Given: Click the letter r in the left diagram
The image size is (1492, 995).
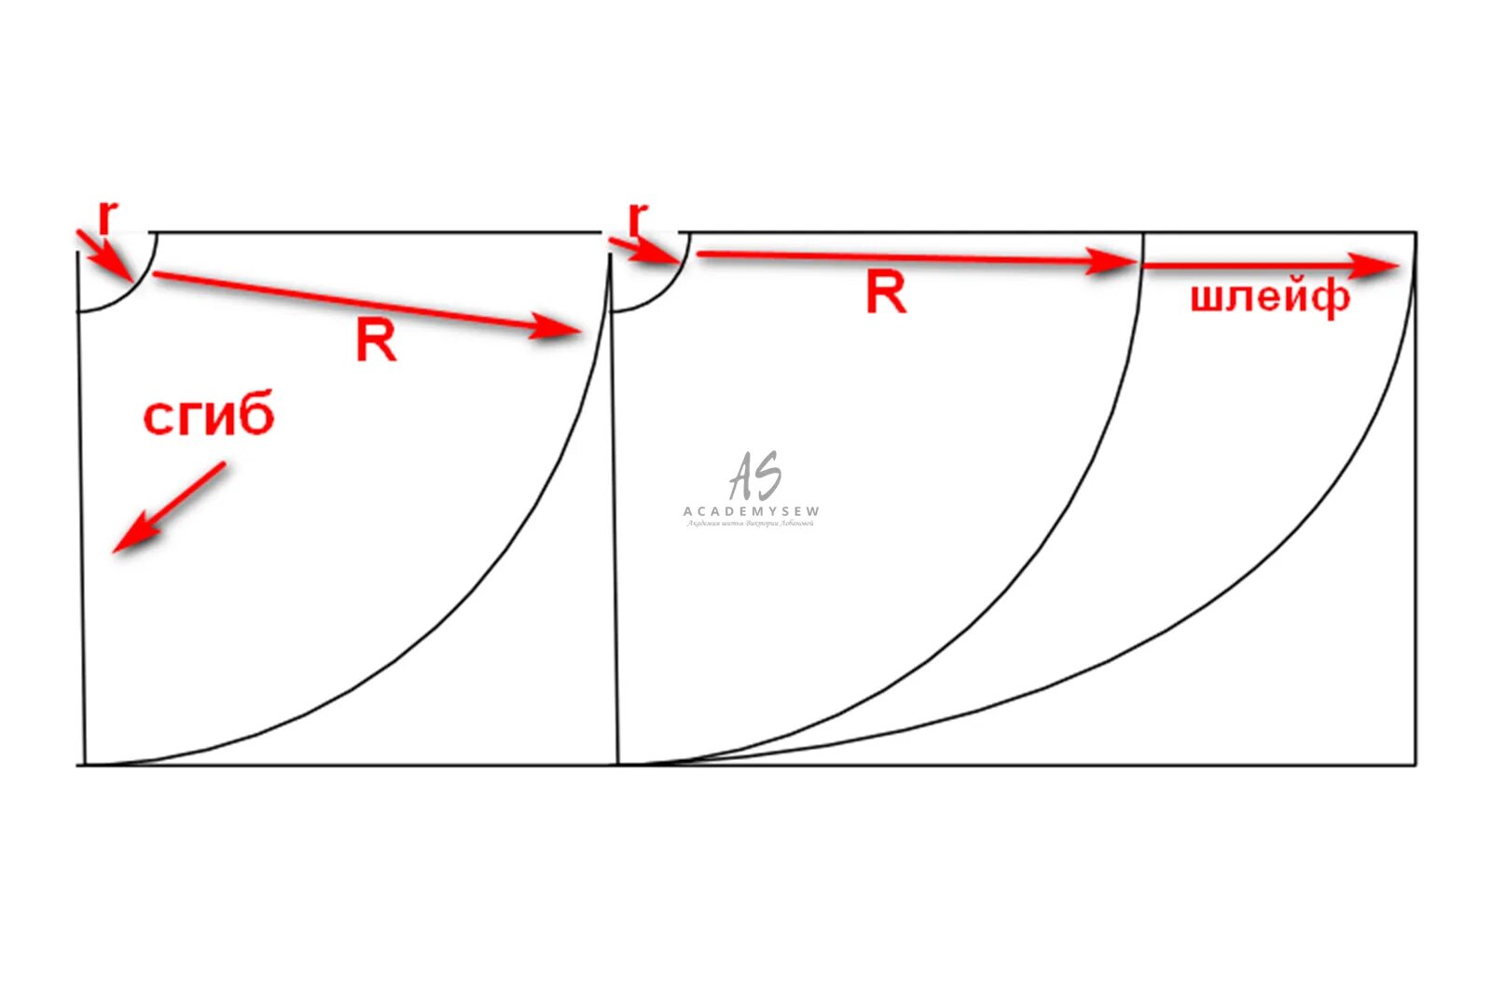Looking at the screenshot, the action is pos(108,218).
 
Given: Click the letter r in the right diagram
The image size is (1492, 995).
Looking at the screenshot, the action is pos(638,221).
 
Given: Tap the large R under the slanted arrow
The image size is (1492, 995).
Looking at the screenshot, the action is pos(376,340).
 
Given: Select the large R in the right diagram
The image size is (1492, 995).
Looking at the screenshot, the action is pos(886,293).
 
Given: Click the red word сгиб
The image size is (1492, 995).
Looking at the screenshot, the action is pos(209,416).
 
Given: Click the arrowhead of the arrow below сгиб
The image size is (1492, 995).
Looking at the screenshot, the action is pos(126,540).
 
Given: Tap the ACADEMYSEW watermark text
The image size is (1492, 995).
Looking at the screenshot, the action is pos(752,511).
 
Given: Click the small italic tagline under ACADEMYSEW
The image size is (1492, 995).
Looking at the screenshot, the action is pos(751,524).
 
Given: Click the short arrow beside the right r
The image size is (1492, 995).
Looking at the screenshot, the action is pos(643,250).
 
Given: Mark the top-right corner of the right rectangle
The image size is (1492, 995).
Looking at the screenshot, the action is pos(1416,232).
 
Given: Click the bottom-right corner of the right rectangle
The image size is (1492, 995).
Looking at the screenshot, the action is pos(1416,765).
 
